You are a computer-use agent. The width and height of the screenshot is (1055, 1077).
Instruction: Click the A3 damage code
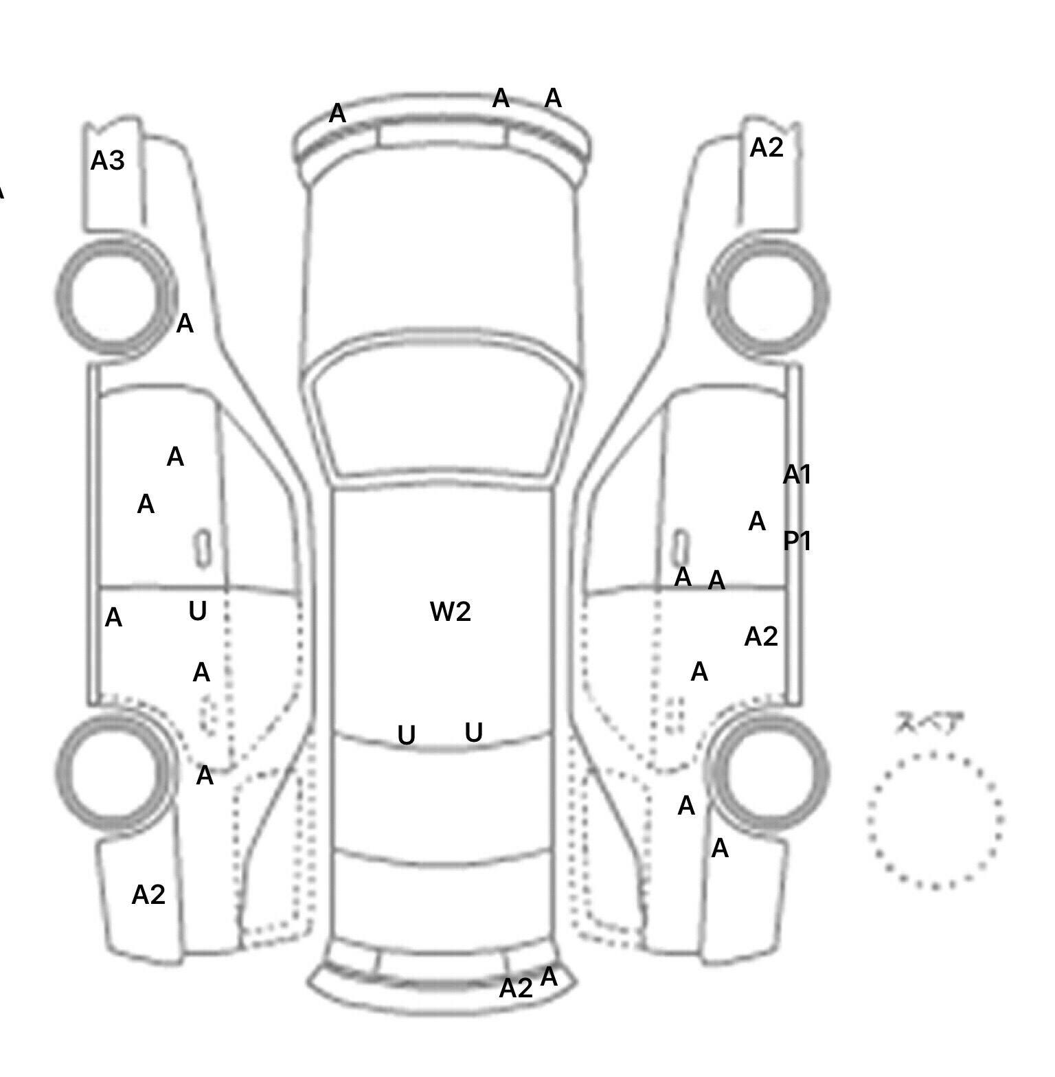108,161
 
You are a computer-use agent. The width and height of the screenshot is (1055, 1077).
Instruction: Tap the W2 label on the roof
451,611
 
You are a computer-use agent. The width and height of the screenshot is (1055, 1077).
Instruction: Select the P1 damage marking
797,541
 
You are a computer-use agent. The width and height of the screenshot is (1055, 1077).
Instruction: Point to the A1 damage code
797,474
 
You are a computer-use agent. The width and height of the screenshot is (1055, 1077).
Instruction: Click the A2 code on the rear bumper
516,988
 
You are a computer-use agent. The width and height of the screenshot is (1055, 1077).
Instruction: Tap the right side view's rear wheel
768,771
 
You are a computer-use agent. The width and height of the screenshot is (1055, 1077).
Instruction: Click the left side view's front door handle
202,548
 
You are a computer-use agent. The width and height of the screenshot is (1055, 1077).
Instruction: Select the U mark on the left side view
198,611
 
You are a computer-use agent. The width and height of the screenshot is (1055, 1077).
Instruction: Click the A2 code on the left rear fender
148,894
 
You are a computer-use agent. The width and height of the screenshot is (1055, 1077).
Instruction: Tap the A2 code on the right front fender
767,148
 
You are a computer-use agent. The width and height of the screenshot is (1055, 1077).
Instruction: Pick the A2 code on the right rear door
761,637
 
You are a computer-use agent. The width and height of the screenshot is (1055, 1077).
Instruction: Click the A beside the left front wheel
185,324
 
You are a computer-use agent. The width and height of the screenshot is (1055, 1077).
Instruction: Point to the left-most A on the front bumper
337,113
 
